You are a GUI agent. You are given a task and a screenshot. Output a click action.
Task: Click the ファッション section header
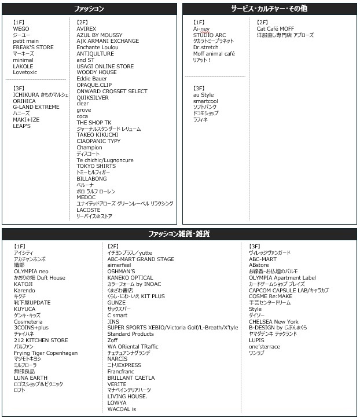(x=90, y=9)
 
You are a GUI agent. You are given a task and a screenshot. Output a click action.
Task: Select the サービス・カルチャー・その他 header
(x=269, y=9)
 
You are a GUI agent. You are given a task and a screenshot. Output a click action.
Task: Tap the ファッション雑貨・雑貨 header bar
(x=179, y=234)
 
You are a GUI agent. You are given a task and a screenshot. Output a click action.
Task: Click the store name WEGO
(x=21, y=28)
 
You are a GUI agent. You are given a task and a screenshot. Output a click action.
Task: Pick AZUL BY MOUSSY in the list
(x=100, y=35)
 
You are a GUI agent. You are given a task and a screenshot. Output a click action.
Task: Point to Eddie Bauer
(x=92, y=79)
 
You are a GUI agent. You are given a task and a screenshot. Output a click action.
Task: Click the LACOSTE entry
(x=89, y=210)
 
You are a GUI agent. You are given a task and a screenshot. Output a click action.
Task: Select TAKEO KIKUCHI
(x=97, y=135)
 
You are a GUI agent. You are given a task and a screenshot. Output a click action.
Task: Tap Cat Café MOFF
(x=275, y=28)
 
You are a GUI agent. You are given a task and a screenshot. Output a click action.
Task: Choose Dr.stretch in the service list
(x=206, y=47)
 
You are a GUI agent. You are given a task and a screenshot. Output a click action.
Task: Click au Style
(x=203, y=94)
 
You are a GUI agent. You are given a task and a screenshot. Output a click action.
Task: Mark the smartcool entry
(x=205, y=101)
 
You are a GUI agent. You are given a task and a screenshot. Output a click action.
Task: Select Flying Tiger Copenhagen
(x=46, y=353)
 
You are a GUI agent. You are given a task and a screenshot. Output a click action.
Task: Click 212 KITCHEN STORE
(x=41, y=340)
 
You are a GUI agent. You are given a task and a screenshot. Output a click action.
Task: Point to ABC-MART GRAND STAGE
(x=141, y=259)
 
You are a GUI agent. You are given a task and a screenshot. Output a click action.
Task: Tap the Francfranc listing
(x=120, y=372)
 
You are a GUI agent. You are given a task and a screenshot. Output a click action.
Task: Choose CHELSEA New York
(x=274, y=322)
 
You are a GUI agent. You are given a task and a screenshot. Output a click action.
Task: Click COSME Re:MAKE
(x=271, y=296)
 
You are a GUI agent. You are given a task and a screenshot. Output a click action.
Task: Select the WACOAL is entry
(x=122, y=409)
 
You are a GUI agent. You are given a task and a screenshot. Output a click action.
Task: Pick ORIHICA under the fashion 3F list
(x=24, y=101)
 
